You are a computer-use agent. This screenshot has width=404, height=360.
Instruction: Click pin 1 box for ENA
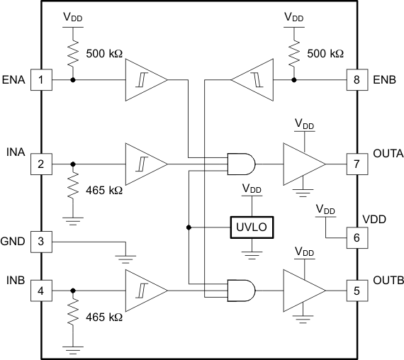point(40,79)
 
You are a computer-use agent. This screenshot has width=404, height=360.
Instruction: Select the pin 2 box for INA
point(40,164)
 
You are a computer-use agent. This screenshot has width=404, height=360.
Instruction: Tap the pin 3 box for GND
point(40,242)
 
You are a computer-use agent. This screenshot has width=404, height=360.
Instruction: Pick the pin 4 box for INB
point(40,290)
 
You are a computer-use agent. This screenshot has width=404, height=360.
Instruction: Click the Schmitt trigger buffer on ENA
point(145,79)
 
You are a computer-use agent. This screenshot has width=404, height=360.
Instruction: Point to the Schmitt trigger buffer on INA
point(145,164)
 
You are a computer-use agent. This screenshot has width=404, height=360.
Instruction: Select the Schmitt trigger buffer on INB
point(145,290)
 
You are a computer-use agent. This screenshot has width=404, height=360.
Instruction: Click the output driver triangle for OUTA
point(301,164)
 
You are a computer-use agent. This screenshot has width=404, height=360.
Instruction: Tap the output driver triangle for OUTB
point(301,290)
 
